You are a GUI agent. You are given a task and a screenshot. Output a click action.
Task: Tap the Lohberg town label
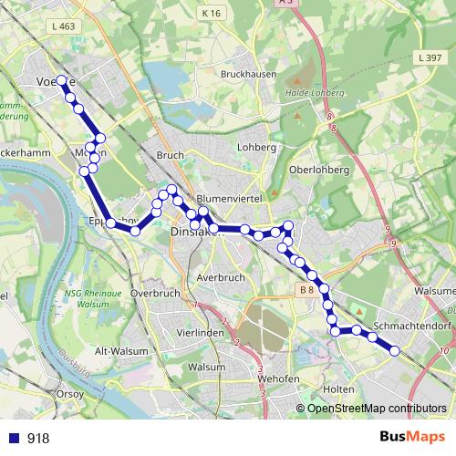pos(255,147)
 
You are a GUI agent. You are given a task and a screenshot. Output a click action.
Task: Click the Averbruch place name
pos(220,276)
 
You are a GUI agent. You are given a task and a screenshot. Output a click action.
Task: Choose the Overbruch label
pos(154,294)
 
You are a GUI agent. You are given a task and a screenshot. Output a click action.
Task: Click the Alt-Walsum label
pos(115,351)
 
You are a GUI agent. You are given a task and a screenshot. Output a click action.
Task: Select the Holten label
pos(338,389)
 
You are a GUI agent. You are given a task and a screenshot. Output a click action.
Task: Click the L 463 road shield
pos(64,27)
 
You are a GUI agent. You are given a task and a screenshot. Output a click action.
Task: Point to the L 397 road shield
pos(428,57)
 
